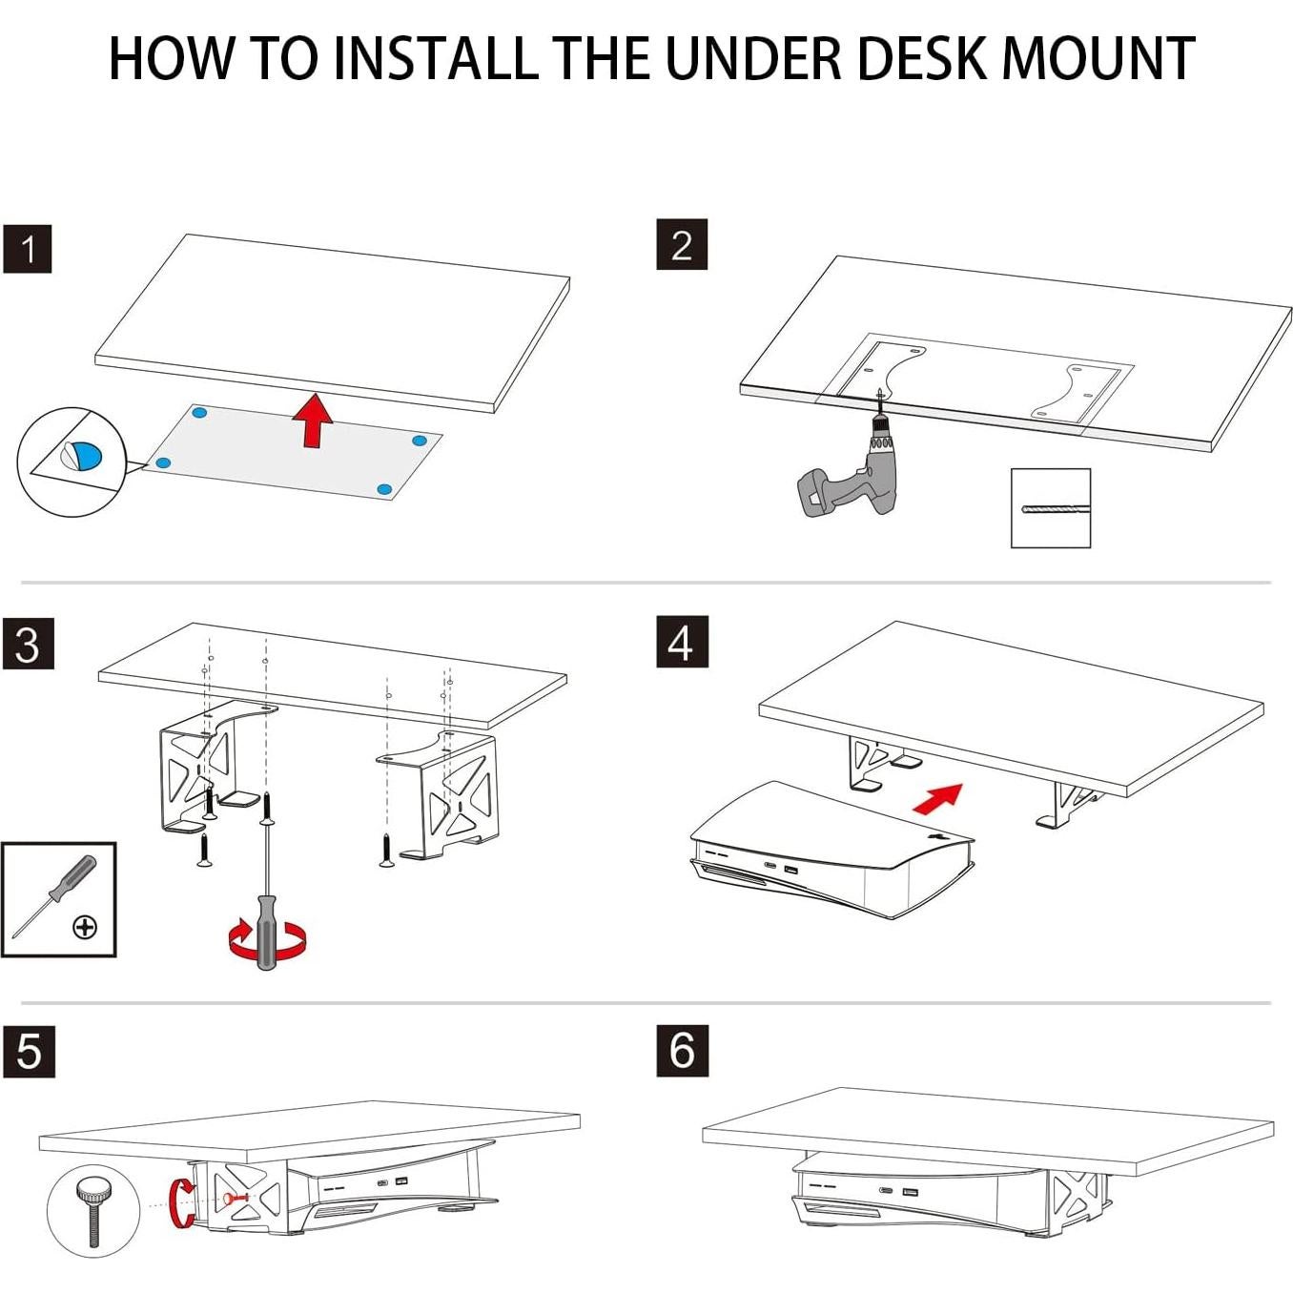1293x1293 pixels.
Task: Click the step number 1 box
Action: pos(28,250)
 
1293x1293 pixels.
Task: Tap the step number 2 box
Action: pos(682,245)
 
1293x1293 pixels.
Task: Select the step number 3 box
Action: pos(28,645)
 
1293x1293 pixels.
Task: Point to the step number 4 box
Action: pos(682,642)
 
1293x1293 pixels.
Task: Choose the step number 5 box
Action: pos(29,1052)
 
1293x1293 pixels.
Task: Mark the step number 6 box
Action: pos(682,1051)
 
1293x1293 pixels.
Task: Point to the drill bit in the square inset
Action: pos(1050,508)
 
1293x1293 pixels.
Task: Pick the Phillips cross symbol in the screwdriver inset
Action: pos(85,927)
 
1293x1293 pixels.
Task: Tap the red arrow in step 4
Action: pos(938,798)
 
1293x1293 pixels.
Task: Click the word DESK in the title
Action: pos(923,58)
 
